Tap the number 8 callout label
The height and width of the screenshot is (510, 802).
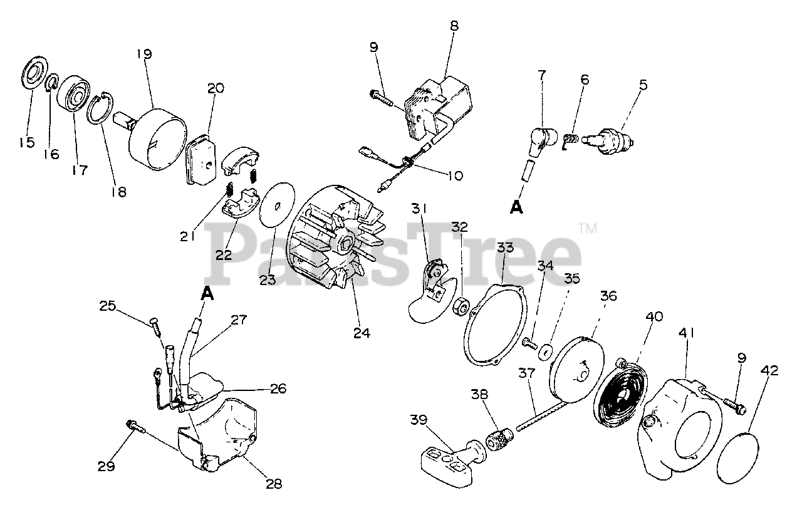[454, 26]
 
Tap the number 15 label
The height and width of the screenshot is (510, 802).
[26, 143]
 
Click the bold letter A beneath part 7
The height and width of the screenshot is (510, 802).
[516, 208]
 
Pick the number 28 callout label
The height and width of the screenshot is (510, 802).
[274, 484]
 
